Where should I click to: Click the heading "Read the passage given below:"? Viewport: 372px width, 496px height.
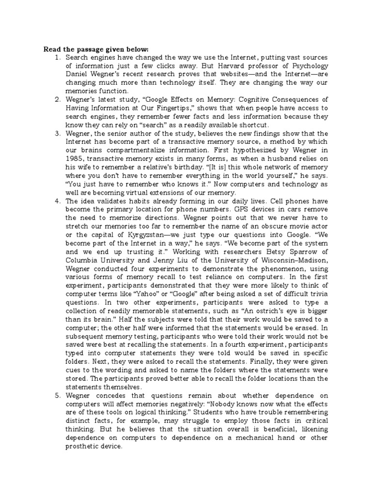click(x=90, y=49)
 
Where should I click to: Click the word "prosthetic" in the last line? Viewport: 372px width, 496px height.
click(x=84, y=446)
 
